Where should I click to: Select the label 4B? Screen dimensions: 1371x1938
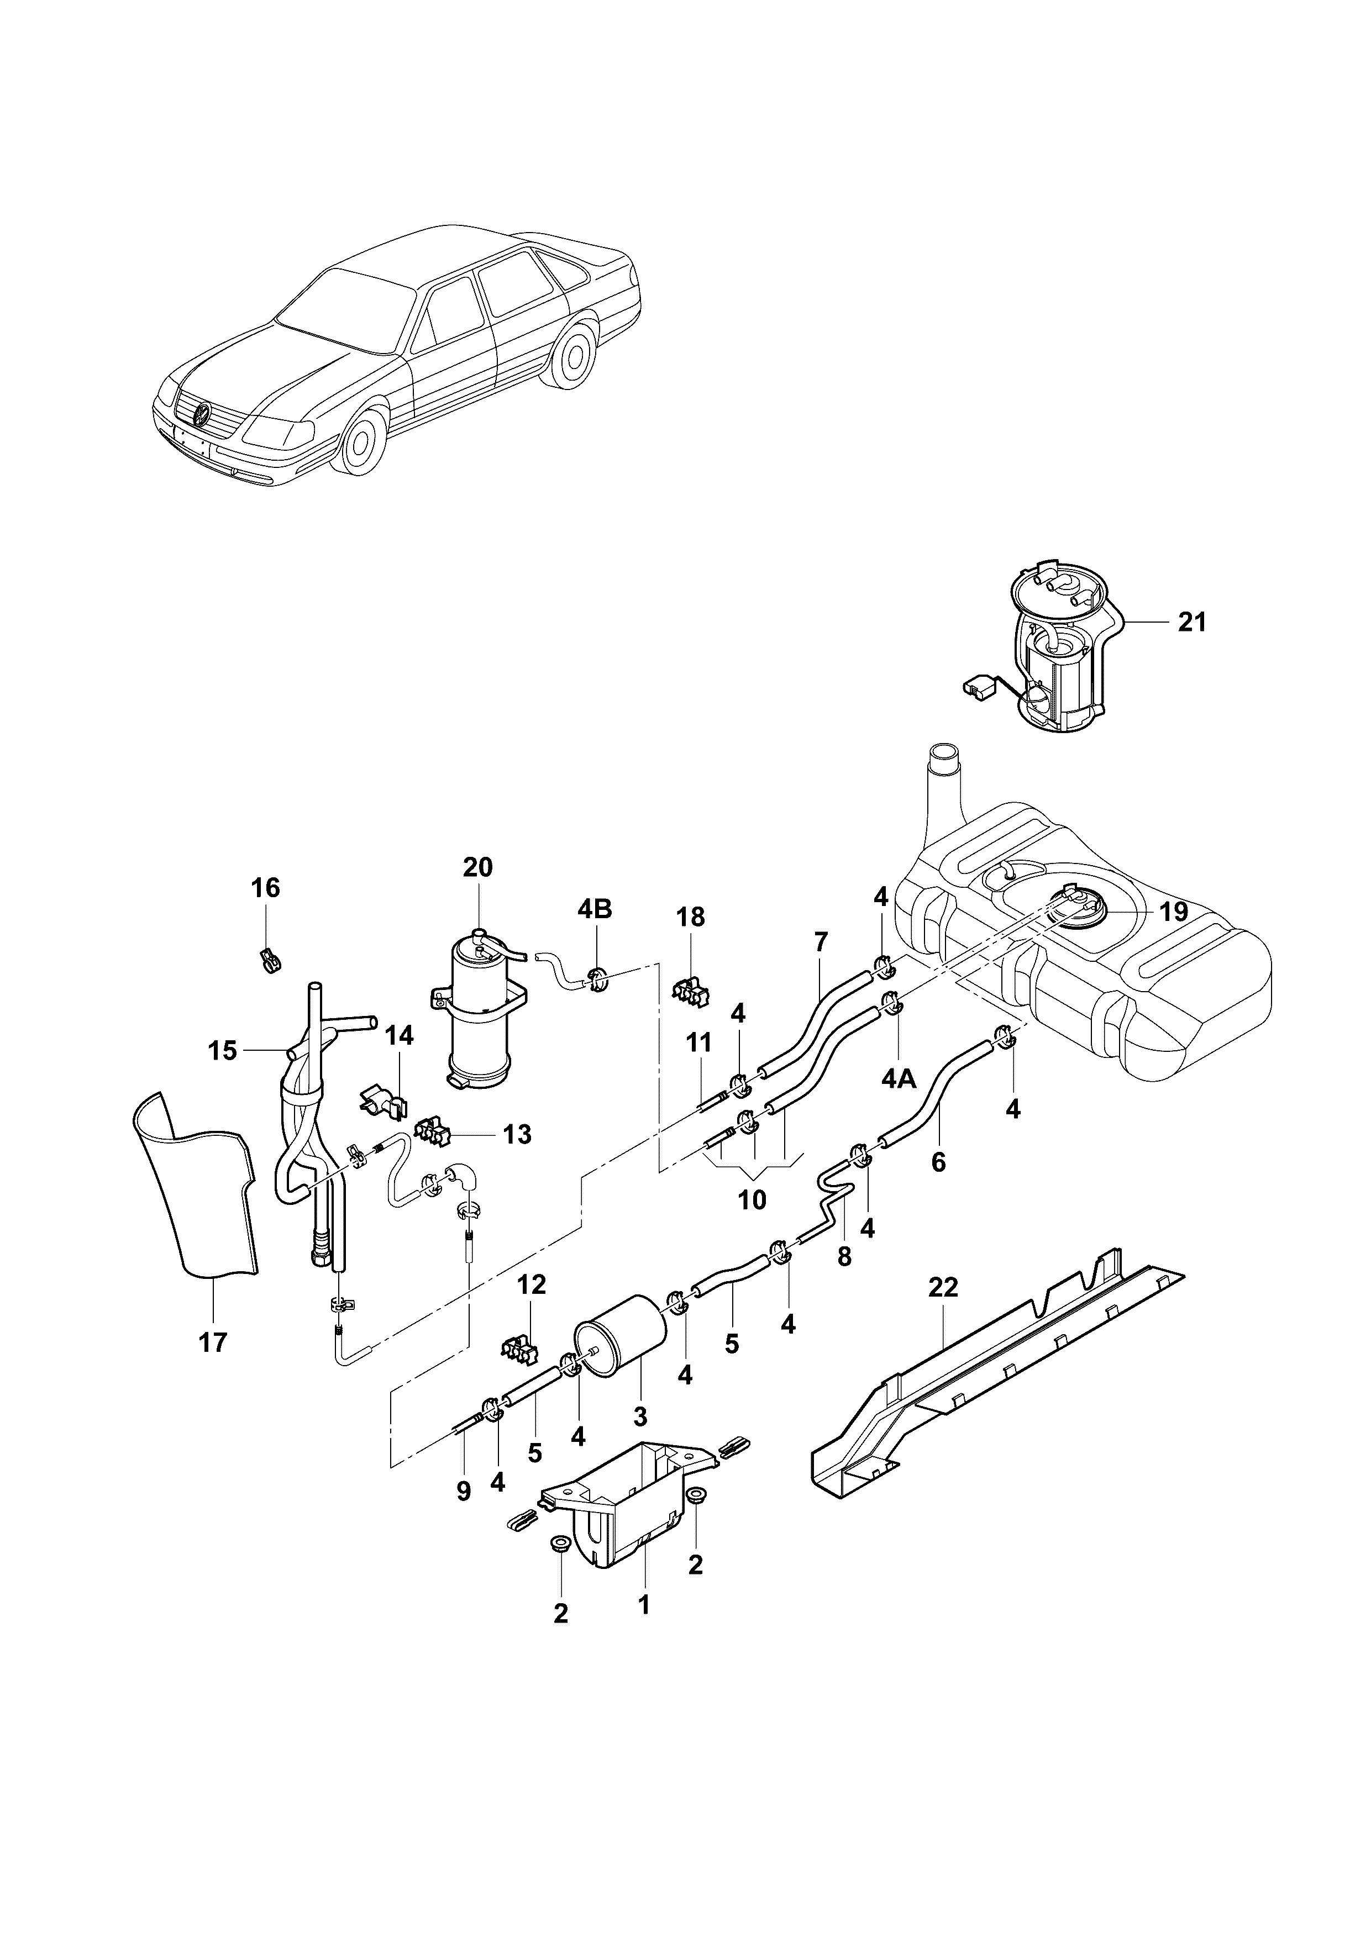595,909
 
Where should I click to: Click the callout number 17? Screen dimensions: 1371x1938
214,1342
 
